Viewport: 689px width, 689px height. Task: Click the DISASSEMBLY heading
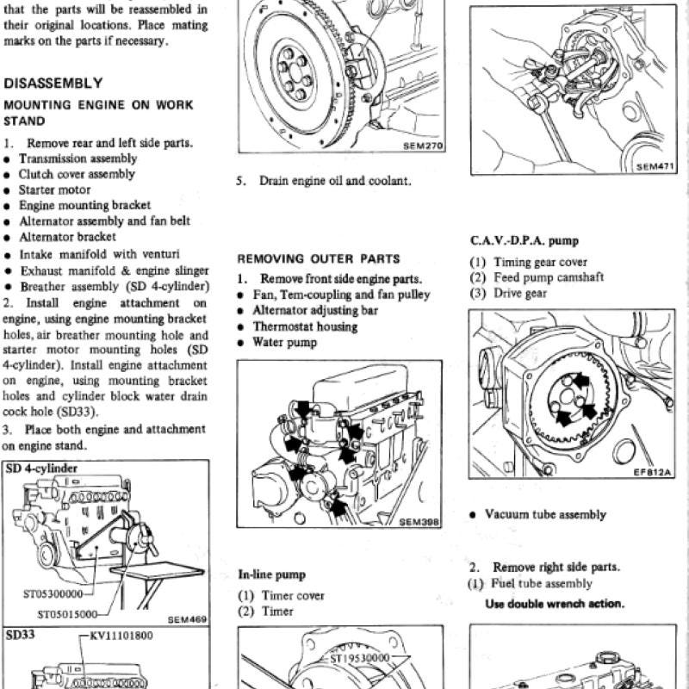point(53,83)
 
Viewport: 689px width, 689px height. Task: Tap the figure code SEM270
point(423,146)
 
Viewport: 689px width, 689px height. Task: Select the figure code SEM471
point(655,167)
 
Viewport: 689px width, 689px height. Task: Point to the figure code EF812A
point(653,472)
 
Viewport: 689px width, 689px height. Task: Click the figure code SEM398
point(419,522)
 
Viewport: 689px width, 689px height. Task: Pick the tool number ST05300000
point(53,594)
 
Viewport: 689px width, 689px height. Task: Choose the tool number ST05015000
point(67,614)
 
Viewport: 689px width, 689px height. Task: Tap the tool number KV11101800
point(121,636)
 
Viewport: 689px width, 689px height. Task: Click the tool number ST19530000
point(360,657)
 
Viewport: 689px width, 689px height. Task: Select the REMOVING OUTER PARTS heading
point(319,259)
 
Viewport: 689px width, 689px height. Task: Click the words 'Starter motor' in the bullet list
point(54,189)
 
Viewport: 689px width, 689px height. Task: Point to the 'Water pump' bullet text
point(285,342)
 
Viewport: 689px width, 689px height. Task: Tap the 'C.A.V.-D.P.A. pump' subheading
point(525,241)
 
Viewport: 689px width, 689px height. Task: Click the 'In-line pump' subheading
point(271,574)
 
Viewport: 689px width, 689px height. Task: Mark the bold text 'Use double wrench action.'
point(555,604)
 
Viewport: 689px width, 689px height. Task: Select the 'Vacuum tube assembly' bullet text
point(545,514)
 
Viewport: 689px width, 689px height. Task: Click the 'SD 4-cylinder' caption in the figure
point(41,469)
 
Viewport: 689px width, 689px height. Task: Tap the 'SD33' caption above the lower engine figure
point(20,635)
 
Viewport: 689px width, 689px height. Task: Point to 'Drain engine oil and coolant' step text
point(335,181)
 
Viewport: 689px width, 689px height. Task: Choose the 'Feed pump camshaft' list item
point(549,277)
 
